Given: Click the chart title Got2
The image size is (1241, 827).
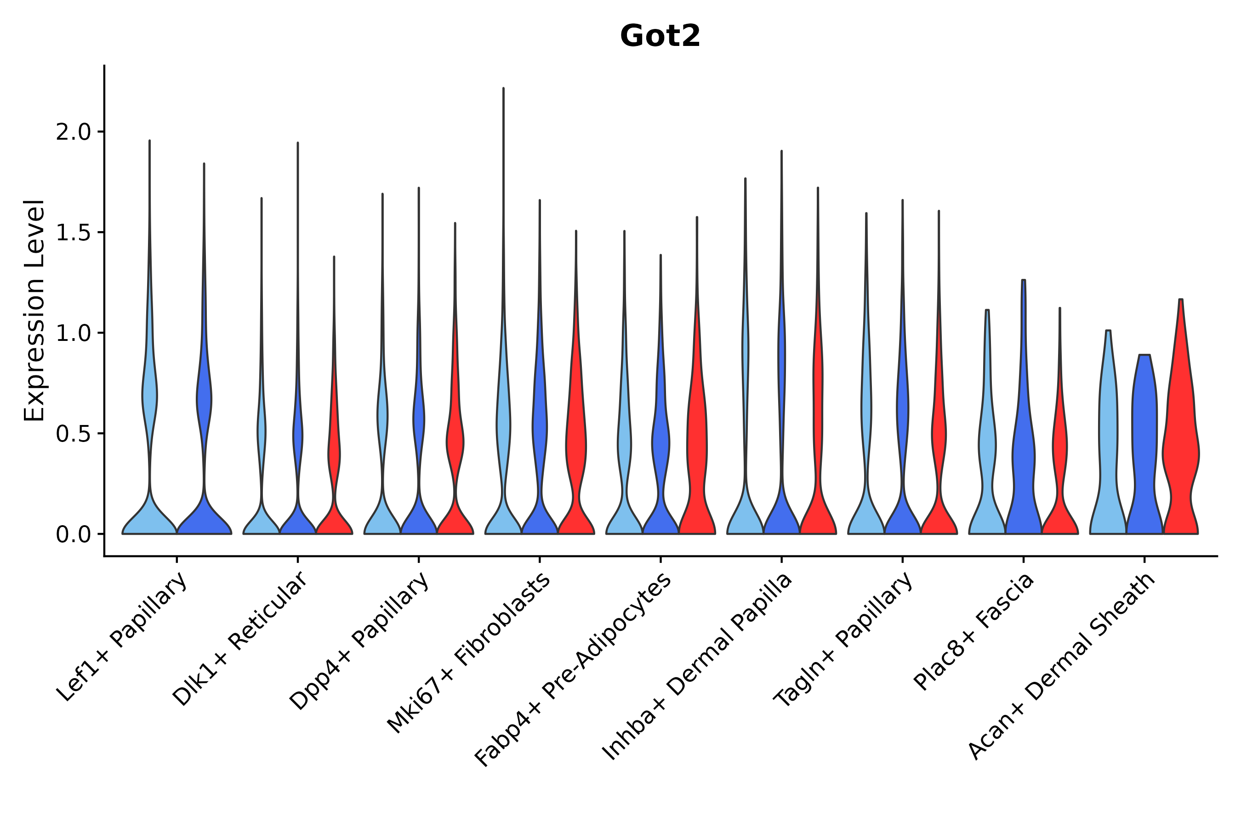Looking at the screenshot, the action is click(x=660, y=36).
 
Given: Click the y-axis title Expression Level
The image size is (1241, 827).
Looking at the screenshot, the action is click(x=34, y=310).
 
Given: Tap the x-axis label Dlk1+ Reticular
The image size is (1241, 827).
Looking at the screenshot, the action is click(x=239, y=639).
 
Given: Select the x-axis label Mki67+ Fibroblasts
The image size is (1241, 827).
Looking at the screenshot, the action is click(x=469, y=652).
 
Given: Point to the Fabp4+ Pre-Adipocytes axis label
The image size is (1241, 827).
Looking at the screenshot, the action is click(x=573, y=669).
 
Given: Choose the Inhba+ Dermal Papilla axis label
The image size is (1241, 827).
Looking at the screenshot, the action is click(x=697, y=666).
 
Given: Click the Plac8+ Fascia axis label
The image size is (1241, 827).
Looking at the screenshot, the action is click(x=974, y=631).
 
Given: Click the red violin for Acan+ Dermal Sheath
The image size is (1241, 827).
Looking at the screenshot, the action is click(x=1181, y=417).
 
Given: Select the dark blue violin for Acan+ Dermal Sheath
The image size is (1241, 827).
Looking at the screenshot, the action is click(x=1144, y=445).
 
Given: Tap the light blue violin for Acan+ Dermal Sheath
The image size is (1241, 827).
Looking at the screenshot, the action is click(x=1108, y=432).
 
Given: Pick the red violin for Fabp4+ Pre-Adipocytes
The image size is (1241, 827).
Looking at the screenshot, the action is click(x=697, y=375).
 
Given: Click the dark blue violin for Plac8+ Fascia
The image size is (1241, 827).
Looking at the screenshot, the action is click(x=1024, y=407).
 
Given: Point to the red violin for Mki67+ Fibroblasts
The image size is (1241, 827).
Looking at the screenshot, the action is click(x=576, y=382).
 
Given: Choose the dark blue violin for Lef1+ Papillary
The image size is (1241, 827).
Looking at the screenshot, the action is click(x=204, y=349).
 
